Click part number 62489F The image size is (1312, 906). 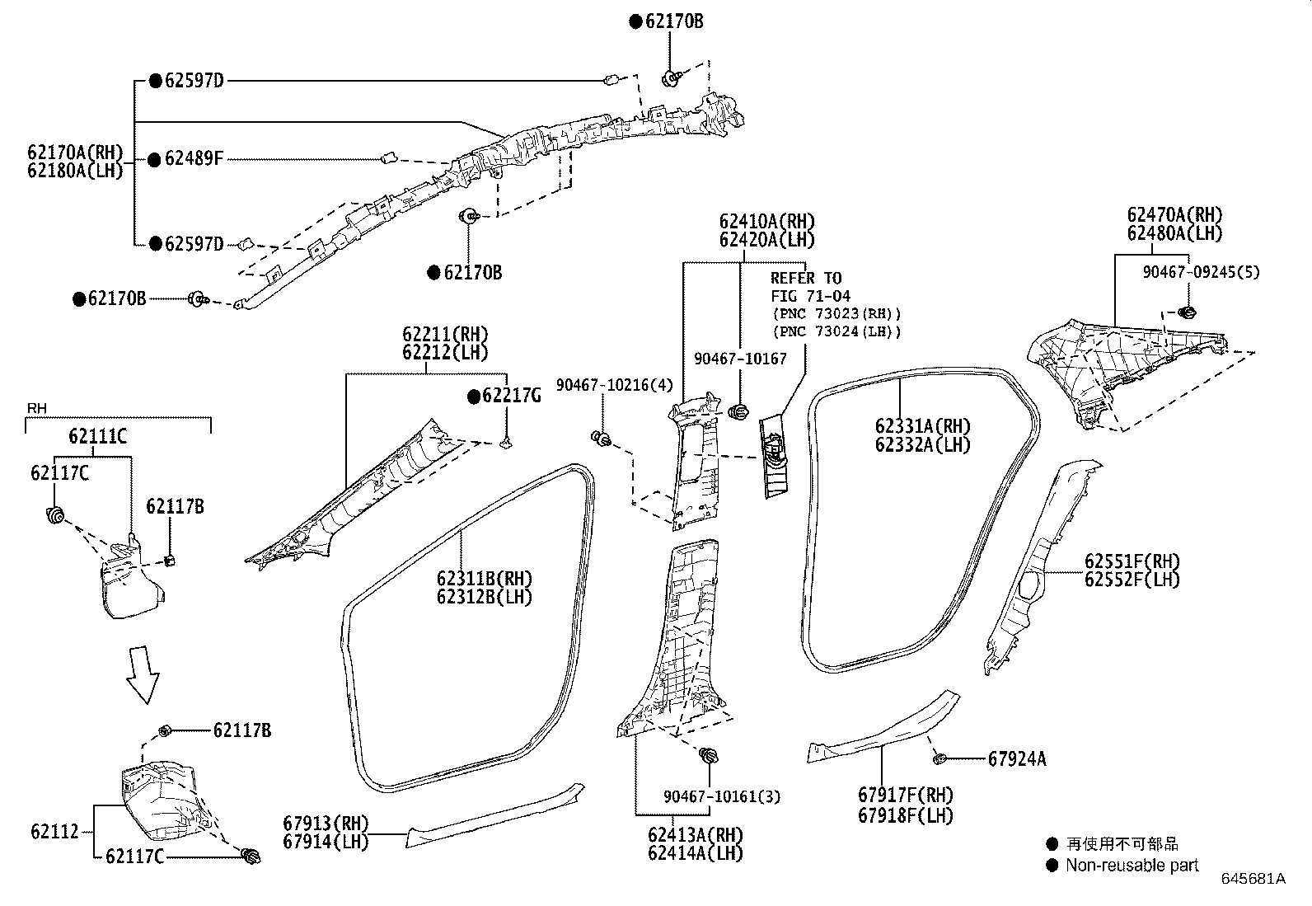point(194,159)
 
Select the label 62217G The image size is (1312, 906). point(511,397)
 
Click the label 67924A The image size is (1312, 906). point(1017,758)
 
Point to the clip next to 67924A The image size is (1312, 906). point(939,758)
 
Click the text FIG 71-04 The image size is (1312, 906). point(810,296)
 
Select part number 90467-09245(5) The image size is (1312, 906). point(1201,271)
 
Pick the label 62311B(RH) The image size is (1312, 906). point(485,578)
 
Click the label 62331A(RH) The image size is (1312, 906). point(923,426)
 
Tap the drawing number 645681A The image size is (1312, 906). point(1253,879)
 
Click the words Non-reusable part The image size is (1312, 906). point(1132,865)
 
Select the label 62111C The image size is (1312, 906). point(98,436)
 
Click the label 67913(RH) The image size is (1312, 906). point(326,823)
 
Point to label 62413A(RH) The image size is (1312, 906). point(696,834)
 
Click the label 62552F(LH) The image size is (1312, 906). point(1132,580)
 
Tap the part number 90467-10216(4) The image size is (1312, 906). point(614,385)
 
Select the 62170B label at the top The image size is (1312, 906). point(674,21)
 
